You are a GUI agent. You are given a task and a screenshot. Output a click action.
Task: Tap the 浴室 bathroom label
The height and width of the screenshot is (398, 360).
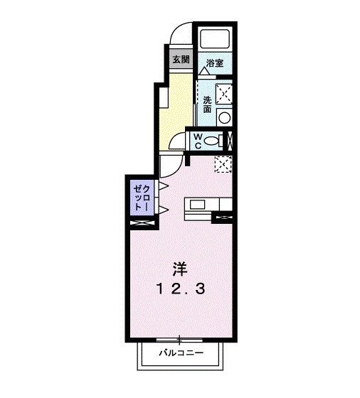coord(215,63)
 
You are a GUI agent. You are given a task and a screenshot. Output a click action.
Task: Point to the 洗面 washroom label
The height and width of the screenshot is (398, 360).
coord(207,104)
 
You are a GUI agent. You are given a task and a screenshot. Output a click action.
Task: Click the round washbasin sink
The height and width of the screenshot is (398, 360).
coord(223,118)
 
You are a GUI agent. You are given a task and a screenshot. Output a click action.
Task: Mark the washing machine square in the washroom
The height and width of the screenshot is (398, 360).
coord(223,92)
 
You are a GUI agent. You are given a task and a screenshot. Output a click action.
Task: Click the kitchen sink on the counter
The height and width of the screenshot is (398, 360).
coord(196,205)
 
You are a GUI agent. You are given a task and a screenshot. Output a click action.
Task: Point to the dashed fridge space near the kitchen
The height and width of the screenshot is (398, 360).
coord(223,164)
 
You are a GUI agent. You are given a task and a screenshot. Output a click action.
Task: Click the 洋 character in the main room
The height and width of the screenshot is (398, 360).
coord(179,269)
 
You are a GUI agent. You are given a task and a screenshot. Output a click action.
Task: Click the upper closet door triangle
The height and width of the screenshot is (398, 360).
coord(162,186)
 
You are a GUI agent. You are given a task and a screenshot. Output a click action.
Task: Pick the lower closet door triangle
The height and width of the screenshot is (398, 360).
coord(162,210)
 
